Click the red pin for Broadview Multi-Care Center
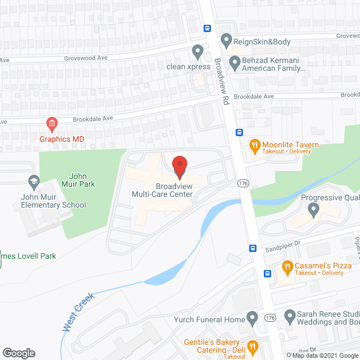tap(179, 166)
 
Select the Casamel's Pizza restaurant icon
tap(286, 267)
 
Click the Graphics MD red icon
tap(51, 123)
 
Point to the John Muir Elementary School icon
tap(33, 182)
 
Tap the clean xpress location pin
tap(197, 52)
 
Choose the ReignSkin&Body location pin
tap(226, 40)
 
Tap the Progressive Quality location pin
tap(314, 210)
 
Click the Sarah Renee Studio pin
tap(290, 316)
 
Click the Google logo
tap(18, 353)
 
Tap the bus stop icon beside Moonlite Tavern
tap(239, 133)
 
